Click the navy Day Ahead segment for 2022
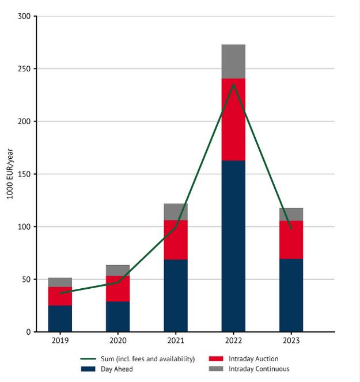(x=233, y=246)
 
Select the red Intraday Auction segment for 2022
(x=233, y=120)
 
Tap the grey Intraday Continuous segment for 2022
(x=233, y=62)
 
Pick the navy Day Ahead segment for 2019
(x=60, y=319)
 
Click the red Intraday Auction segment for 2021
(x=176, y=240)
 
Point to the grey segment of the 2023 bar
(x=291, y=214)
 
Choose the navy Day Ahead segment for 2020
(x=118, y=317)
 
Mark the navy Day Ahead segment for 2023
(x=291, y=296)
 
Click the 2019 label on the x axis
(x=60, y=341)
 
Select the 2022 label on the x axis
(x=233, y=341)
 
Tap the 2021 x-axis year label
(x=176, y=341)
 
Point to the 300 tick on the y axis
(x=24, y=16)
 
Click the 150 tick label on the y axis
(x=24, y=174)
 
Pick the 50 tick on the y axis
(x=26, y=280)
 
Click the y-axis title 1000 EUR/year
(x=10, y=174)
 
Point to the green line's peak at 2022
(x=233, y=85)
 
